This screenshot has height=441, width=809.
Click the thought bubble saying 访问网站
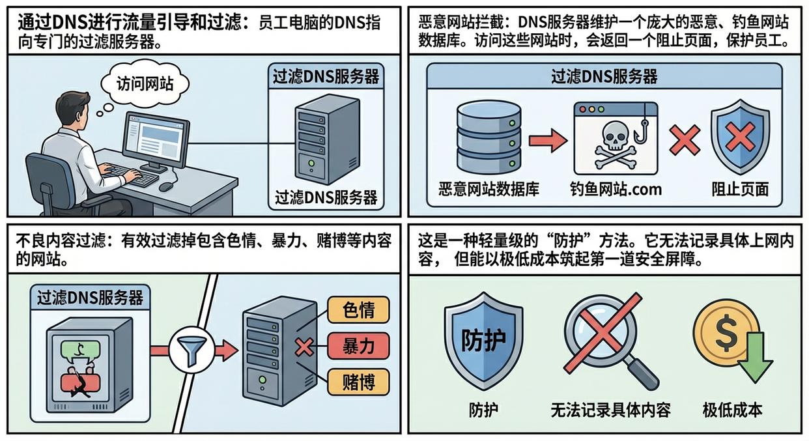[x=145, y=84]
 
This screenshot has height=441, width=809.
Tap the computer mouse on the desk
[x=166, y=186]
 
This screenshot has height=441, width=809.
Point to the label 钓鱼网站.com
[x=616, y=190]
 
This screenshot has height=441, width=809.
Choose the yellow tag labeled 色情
[x=358, y=310]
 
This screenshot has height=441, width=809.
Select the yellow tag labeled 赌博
[x=358, y=382]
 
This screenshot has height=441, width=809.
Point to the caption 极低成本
[x=732, y=410]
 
